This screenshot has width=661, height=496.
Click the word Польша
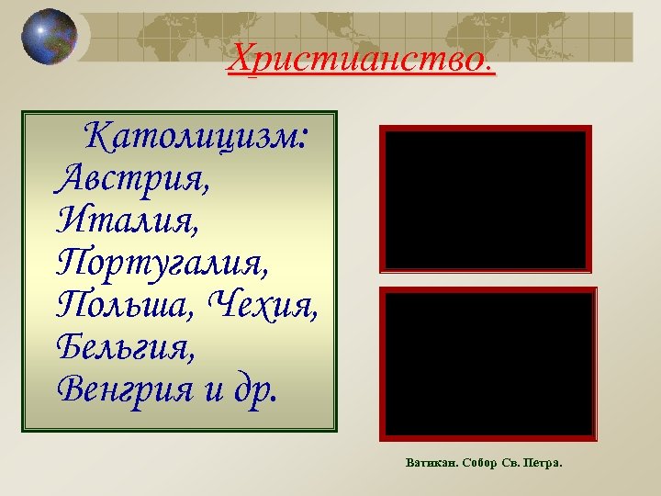pos(124,303)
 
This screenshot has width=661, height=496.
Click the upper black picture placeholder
pos(486,198)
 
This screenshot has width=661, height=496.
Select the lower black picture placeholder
pos(487,364)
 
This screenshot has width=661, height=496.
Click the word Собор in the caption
pos(476,462)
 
